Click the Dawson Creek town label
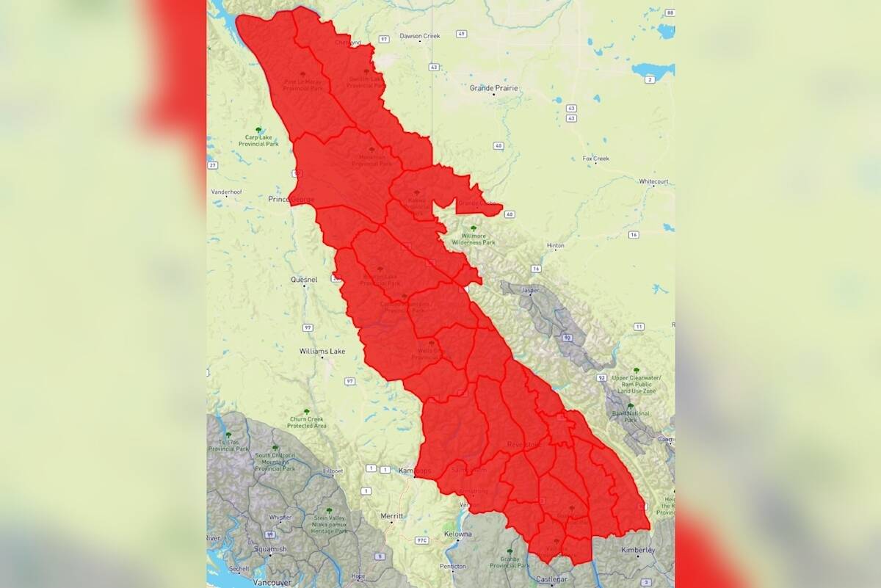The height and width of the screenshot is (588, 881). click(419, 36)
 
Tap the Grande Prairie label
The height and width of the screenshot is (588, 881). click(493, 88)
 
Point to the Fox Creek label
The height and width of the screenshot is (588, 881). click(595, 159)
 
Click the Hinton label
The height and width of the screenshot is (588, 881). click(556, 245)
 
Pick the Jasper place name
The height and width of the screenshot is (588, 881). click(530, 291)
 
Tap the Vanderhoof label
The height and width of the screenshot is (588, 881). click(226, 192)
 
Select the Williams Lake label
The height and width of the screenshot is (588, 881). click(322, 352)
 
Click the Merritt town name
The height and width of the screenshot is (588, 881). click(391, 516)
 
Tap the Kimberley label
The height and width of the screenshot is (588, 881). click(636, 550)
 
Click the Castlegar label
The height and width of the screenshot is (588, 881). click(552, 580)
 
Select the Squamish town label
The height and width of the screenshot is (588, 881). click(271, 549)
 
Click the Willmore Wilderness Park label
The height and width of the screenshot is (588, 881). click(474, 239)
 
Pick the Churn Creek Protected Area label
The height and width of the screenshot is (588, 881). click(306, 422)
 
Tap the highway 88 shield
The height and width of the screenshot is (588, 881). click(669, 13)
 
